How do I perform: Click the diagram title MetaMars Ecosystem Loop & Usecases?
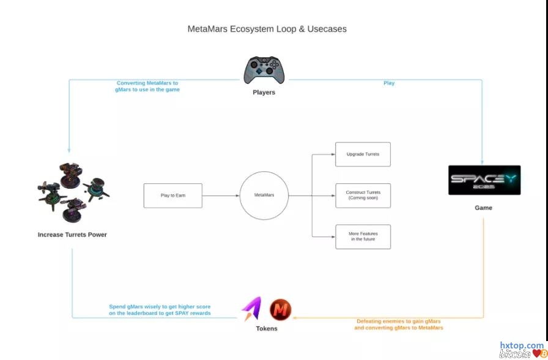click(x=267, y=29)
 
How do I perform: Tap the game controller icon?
click(x=264, y=70)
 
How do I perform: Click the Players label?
click(x=264, y=93)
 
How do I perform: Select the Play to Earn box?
click(x=172, y=196)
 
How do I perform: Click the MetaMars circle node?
click(x=264, y=196)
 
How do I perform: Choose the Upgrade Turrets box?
click(x=363, y=155)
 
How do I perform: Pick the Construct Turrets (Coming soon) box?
click(x=363, y=196)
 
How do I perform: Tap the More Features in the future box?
click(x=363, y=237)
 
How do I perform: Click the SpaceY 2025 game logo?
click(x=484, y=180)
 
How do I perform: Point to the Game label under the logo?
click(x=483, y=208)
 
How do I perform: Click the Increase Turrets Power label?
click(x=72, y=235)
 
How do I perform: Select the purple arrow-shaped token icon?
click(x=251, y=309)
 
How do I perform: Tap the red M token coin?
click(x=281, y=310)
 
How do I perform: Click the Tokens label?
click(x=267, y=329)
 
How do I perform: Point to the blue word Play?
click(x=389, y=83)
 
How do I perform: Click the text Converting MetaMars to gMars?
click(x=147, y=86)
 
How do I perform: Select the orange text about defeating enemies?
click(x=398, y=325)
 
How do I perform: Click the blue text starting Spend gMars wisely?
click(x=160, y=310)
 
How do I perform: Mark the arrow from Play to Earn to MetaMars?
click(x=220, y=196)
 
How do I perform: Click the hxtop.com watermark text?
click(x=521, y=345)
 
